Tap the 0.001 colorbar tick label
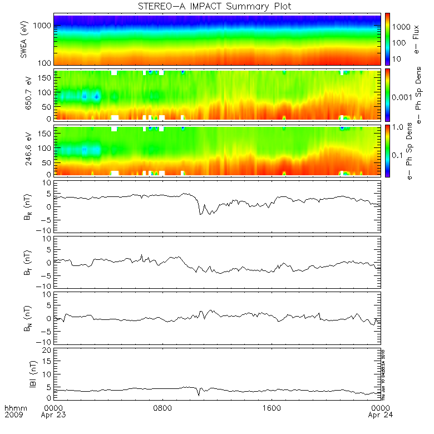(x=403, y=97)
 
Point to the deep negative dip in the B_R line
(x=200, y=214)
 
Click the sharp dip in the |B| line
(x=199, y=395)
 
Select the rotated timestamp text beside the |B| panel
(x=383, y=373)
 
